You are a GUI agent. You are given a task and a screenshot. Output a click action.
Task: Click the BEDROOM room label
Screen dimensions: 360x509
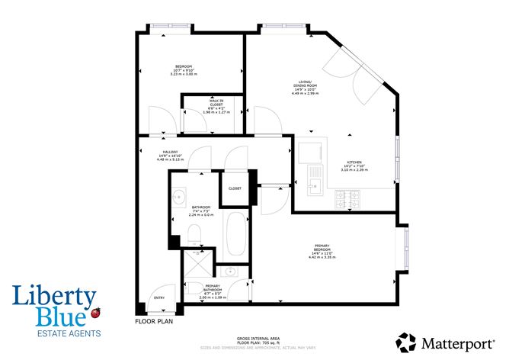[183, 66]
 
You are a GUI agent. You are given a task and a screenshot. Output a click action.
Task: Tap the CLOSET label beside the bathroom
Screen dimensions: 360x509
[235, 188]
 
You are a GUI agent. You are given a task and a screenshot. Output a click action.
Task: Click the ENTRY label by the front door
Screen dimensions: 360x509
[158, 298]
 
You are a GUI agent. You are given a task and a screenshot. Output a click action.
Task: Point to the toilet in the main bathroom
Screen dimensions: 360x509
[194, 232]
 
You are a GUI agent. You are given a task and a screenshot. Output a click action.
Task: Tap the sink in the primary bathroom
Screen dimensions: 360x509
[231, 272]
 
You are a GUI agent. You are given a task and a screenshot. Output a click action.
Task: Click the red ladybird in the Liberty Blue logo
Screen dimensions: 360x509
[95, 313]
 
